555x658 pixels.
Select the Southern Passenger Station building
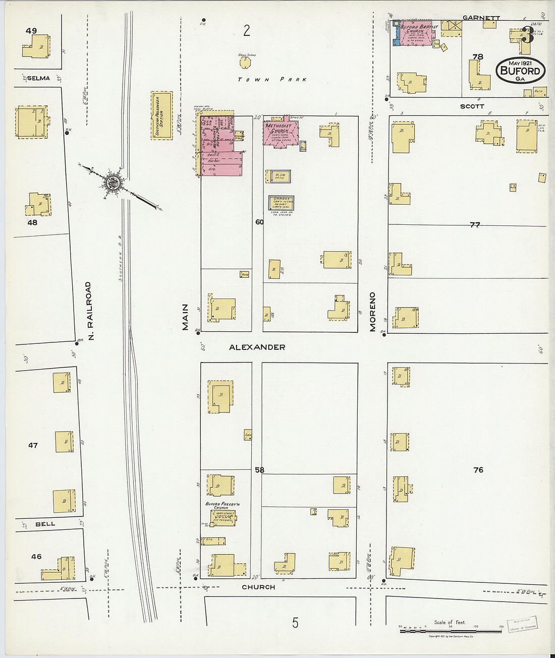[x=161, y=115]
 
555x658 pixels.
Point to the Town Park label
[x=272, y=80]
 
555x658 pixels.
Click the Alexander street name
[x=257, y=347]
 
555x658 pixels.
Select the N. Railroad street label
[x=89, y=310]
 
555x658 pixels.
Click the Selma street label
[x=38, y=78]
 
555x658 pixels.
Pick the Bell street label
[x=45, y=524]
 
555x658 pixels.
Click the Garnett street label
[x=481, y=18]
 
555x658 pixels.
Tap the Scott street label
[x=472, y=106]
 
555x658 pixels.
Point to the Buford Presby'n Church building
[x=223, y=517]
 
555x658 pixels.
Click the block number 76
[x=478, y=470]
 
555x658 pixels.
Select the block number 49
[x=31, y=31]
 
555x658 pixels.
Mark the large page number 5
[x=295, y=623]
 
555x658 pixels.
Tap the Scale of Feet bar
[x=451, y=630]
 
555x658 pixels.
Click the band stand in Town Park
[x=245, y=62]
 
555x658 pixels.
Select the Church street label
[x=258, y=587]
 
